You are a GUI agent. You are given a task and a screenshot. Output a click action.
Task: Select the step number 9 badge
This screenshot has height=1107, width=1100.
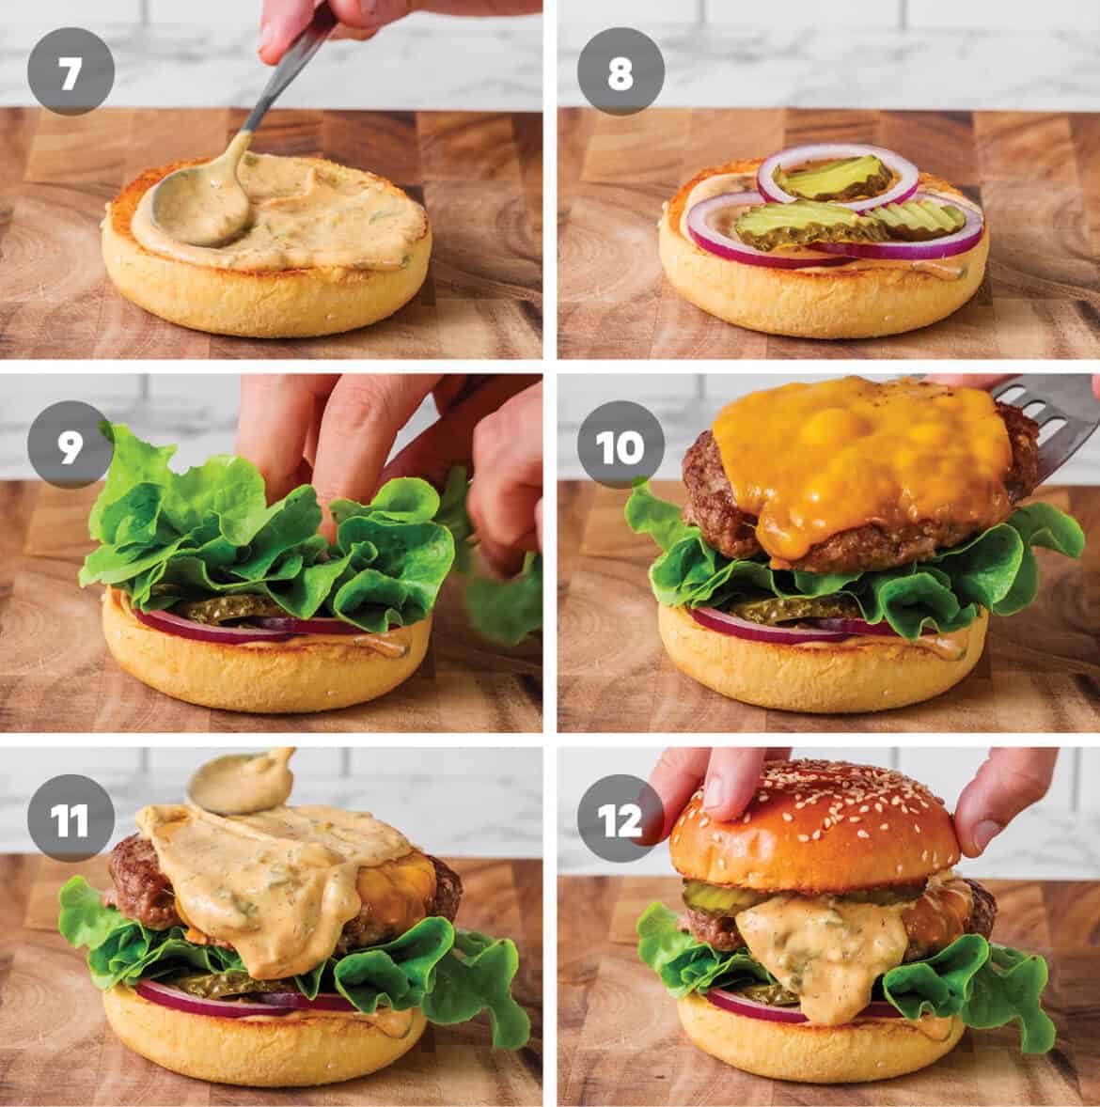click(70, 447)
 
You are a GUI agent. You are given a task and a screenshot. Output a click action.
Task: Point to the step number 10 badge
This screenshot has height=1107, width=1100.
click(621, 447)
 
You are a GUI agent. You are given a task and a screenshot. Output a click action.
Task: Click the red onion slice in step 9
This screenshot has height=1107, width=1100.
click(179, 621)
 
